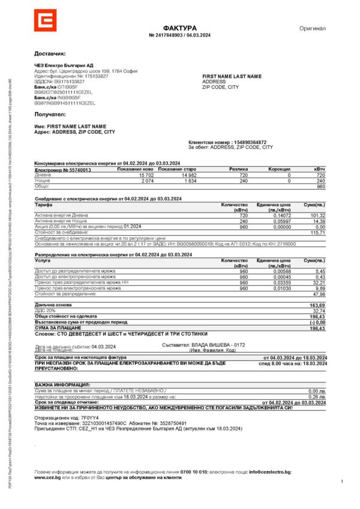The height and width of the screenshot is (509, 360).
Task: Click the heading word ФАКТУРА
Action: click(179, 28)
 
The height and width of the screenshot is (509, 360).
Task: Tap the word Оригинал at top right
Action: click(312, 28)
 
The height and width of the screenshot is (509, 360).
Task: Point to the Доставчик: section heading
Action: click(50, 53)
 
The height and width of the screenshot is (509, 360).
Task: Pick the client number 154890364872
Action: click(250, 142)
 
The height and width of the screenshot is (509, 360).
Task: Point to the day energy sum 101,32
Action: click(318, 215)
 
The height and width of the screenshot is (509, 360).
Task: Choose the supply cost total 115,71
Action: click(318, 232)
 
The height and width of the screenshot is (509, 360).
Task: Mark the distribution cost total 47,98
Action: click(318, 294)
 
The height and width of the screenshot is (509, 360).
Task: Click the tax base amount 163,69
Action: click(317, 306)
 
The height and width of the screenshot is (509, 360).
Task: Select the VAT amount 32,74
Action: click(318, 312)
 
